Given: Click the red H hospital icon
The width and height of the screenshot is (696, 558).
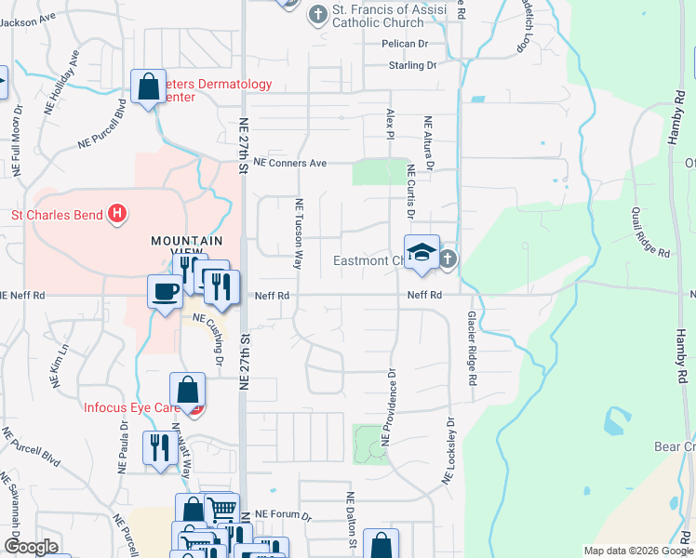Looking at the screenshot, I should pyautogui.click(x=116, y=214).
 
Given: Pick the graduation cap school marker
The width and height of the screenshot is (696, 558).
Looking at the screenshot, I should pyautogui.click(x=422, y=251).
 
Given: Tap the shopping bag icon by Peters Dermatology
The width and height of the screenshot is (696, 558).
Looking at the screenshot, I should pyautogui.click(x=148, y=87).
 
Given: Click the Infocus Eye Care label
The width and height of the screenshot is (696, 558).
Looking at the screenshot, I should pyautogui.click(x=131, y=408).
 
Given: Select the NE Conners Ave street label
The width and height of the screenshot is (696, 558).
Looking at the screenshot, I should pyautogui.click(x=290, y=163).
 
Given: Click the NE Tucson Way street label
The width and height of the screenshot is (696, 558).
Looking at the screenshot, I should pyautogui.click(x=300, y=234).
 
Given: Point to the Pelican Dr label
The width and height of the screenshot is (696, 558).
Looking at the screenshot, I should pyautogui.click(x=404, y=44).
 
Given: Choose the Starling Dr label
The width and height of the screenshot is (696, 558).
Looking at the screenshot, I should pyautogui.click(x=412, y=65).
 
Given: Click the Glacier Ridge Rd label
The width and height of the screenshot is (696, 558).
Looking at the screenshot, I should pyautogui.click(x=472, y=349).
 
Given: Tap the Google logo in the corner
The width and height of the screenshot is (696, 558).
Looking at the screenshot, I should pyautogui.click(x=30, y=547).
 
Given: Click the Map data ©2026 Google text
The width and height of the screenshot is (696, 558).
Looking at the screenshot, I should pyautogui.click(x=637, y=551).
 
